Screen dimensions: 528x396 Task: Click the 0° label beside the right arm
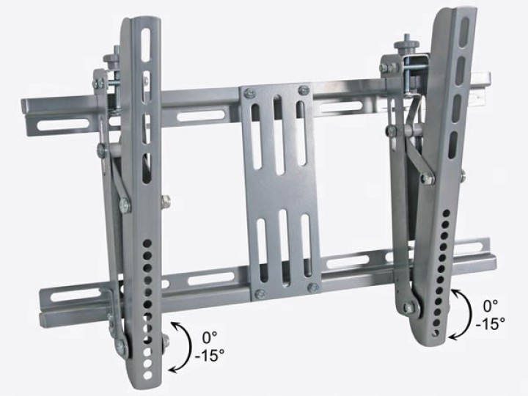point(491,307)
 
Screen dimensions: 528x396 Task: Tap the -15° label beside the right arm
point(491,324)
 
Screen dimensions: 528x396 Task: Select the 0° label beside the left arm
point(210,337)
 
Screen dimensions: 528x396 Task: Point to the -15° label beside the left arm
point(210,355)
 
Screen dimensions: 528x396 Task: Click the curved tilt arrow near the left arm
point(189,347)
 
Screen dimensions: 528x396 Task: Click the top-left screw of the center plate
point(250,93)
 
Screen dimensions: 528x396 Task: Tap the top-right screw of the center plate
point(304,89)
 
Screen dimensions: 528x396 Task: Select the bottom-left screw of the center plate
point(259,293)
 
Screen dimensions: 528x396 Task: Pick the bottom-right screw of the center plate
point(313,287)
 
